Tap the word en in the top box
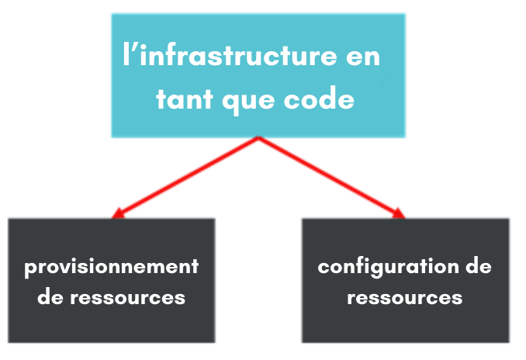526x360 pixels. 363,57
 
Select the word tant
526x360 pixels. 185,99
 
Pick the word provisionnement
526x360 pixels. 112,268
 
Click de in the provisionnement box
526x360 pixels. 50,296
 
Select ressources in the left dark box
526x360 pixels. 127,298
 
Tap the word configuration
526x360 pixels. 388,268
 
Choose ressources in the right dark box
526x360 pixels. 404,298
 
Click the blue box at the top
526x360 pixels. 258,75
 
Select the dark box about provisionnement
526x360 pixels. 112,281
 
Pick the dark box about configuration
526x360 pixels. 406,281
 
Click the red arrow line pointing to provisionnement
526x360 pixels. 185,178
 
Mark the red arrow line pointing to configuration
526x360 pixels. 332,178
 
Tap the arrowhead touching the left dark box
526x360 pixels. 118,213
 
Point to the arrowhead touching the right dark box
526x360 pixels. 400,213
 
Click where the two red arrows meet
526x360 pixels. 258,137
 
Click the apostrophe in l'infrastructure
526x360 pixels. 133,47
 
